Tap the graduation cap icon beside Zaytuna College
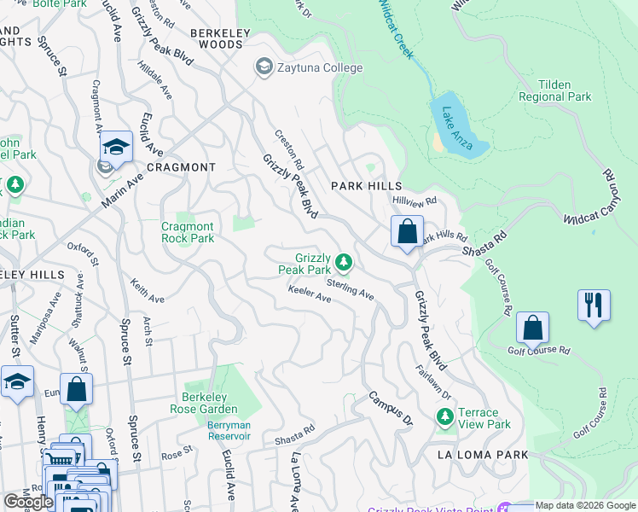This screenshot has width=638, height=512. click(x=264, y=67)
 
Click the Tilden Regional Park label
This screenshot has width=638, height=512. click(x=554, y=91)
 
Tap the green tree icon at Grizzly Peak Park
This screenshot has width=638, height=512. click(x=343, y=261)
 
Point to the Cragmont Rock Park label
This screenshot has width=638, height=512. click(x=188, y=232)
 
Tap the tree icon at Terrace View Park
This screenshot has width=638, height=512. click(x=444, y=416)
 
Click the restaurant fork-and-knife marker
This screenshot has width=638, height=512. click(x=594, y=305)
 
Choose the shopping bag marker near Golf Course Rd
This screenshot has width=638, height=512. click(x=532, y=328)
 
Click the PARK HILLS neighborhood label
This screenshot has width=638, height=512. click(x=366, y=185)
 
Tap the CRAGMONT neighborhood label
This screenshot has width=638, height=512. click(x=181, y=167)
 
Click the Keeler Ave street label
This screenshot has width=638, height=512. click(x=310, y=294)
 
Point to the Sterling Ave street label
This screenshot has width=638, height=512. click(x=351, y=287)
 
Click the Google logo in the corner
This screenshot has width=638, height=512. click(x=28, y=502)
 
